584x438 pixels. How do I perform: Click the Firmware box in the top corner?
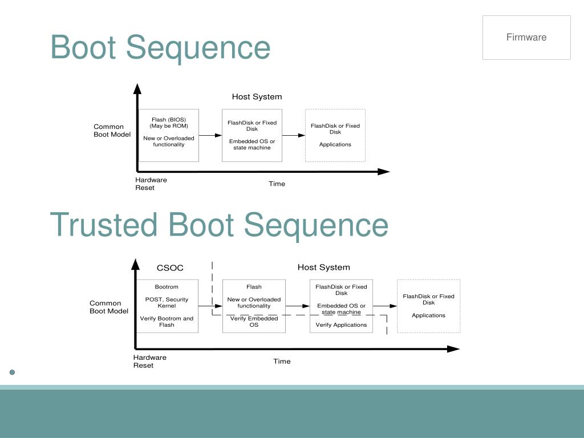click(526, 38)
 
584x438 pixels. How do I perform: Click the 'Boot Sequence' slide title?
click(160, 47)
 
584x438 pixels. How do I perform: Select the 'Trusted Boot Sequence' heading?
click(219, 225)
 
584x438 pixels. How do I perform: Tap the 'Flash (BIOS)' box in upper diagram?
click(169, 135)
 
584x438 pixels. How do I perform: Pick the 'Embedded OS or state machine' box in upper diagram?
click(252, 135)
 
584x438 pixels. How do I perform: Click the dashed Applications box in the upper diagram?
click(335, 135)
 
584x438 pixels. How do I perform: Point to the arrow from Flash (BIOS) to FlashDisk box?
click(210, 135)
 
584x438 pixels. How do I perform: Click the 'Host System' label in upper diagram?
click(257, 97)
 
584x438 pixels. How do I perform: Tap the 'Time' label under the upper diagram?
click(277, 184)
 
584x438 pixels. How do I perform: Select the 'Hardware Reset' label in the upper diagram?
click(151, 184)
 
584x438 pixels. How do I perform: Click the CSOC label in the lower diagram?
click(170, 267)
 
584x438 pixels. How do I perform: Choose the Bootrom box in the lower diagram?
click(167, 306)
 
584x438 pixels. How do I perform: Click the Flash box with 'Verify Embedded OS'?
click(254, 306)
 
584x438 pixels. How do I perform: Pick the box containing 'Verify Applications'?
click(341, 306)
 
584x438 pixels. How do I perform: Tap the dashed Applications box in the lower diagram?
click(428, 306)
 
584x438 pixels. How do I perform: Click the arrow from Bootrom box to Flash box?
click(210, 306)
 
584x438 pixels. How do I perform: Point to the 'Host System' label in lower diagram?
click(323, 267)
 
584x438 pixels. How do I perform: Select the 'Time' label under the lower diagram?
click(282, 361)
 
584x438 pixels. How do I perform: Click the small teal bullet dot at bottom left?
click(12, 372)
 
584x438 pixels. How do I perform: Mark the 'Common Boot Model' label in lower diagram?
click(109, 307)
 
